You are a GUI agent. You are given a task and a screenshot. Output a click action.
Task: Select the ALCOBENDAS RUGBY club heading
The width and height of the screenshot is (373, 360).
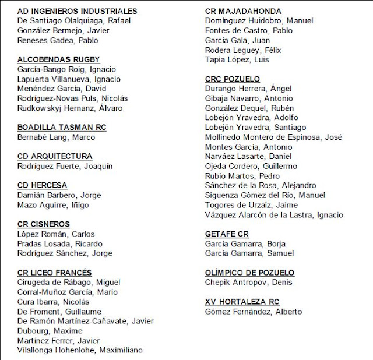(59, 59)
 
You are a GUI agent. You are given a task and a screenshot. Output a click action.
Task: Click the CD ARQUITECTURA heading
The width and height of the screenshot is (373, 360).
(55, 156)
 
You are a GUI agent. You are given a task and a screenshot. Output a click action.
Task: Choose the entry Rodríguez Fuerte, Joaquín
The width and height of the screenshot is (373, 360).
(65, 166)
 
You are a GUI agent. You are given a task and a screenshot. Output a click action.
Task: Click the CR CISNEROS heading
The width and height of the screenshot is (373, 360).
(44, 224)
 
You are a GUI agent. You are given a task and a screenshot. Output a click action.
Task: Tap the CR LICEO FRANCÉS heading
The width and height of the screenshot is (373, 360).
(55, 273)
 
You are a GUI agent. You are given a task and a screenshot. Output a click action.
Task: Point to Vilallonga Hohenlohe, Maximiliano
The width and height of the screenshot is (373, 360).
(80, 350)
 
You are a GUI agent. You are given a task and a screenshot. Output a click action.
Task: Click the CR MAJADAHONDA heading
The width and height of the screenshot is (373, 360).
(244, 11)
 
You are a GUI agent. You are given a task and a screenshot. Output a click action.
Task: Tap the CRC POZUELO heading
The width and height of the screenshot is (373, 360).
(233, 79)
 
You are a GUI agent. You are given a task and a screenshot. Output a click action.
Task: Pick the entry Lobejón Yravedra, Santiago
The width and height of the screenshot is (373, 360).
(255, 127)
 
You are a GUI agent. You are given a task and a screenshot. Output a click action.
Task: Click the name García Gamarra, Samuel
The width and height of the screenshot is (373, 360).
(249, 253)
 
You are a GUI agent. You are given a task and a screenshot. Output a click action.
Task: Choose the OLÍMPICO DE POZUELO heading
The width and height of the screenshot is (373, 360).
(250, 273)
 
